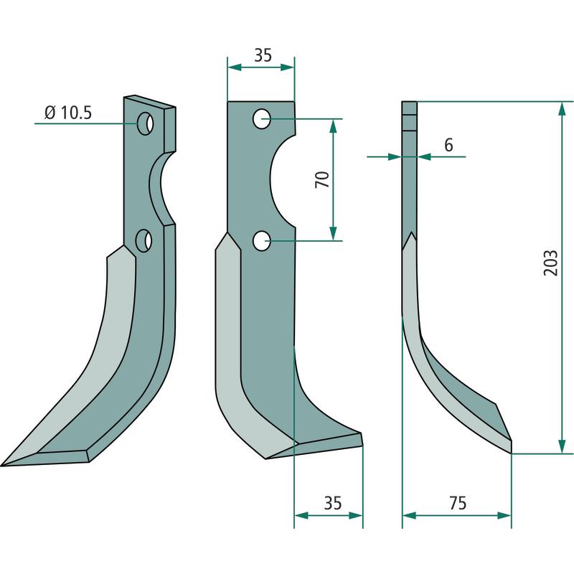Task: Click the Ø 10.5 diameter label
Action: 67,113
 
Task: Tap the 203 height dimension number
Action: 550,263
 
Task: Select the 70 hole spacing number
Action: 322,179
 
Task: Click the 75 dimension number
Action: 458,503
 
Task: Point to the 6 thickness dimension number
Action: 448,145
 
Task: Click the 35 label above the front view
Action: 263,55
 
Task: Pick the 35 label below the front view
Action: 333,503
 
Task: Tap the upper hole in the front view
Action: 262,118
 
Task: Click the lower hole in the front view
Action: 262,240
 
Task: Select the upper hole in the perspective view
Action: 145,123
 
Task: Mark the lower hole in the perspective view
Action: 143,240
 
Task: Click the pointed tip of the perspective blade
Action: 1,466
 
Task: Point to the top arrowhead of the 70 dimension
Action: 333,126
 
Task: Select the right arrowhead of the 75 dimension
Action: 504,515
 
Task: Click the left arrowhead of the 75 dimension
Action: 410,515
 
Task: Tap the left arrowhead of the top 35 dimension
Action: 235,67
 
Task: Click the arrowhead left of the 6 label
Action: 395,156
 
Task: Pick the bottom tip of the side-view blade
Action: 511,453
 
